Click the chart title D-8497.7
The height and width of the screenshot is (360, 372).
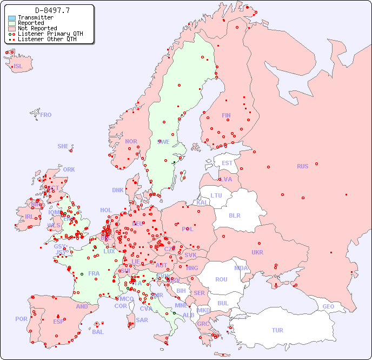(x=52, y=10)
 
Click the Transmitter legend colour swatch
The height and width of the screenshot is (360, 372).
(x=12, y=17)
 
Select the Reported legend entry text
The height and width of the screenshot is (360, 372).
(x=31, y=23)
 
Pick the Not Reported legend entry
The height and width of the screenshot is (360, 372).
(x=37, y=28)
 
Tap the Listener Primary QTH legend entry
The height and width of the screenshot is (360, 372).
(x=50, y=34)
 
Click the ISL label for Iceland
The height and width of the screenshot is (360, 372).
(x=18, y=67)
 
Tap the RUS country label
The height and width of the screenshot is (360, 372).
(x=302, y=166)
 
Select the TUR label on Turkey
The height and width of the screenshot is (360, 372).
(x=277, y=330)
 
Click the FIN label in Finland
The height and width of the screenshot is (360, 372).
(x=226, y=115)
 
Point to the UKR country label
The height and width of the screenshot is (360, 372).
(x=257, y=252)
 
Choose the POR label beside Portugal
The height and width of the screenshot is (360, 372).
(x=21, y=319)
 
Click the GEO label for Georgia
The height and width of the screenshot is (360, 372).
(x=328, y=306)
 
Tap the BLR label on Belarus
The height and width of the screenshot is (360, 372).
(x=234, y=215)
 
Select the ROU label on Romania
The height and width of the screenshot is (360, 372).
(x=221, y=279)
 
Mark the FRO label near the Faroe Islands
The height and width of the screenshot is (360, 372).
(x=46, y=115)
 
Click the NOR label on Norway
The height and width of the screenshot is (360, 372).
(x=131, y=141)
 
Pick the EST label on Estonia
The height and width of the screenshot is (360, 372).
(x=227, y=163)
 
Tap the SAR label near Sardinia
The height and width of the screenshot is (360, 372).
(x=142, y=320)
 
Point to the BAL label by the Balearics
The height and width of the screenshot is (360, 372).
(x=97, y=332)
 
